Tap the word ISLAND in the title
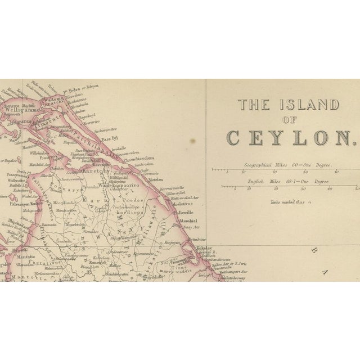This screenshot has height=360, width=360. (x=310, y=105)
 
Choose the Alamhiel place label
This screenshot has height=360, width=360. (x=187, y=222)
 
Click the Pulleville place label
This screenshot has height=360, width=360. (x=186, y=213)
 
